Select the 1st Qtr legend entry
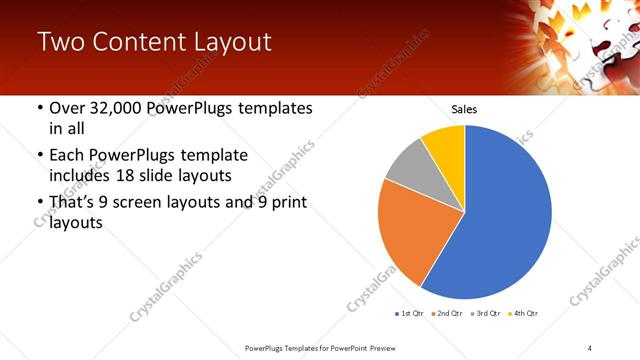coord(411,314)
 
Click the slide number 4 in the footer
coord(590,348)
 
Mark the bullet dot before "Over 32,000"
coord(39,109)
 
